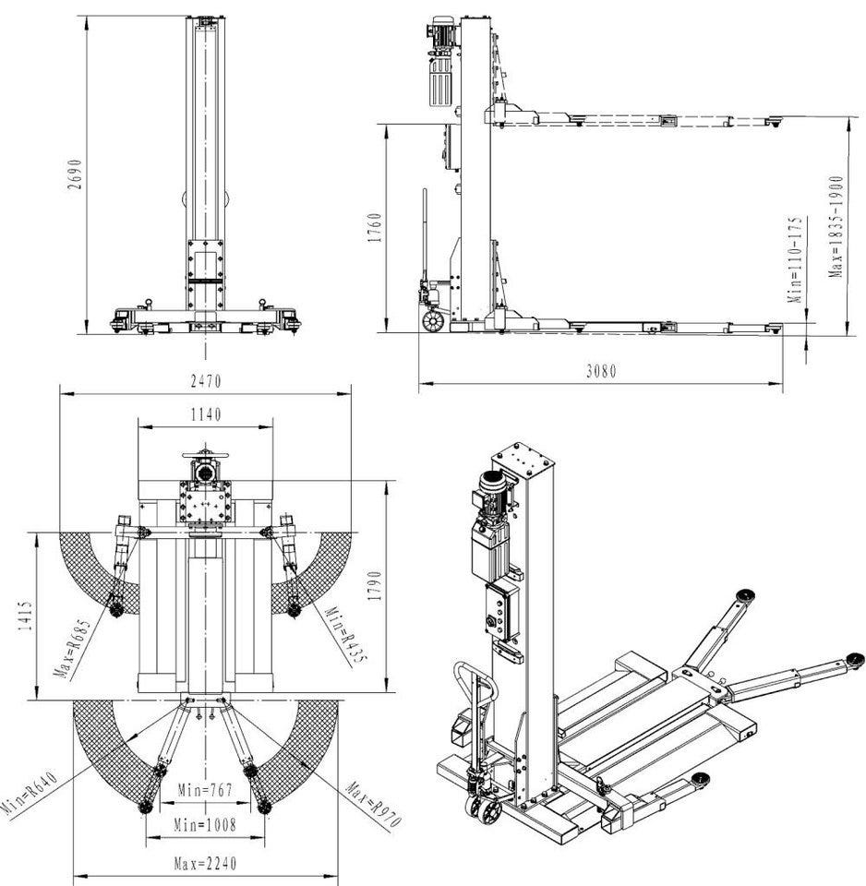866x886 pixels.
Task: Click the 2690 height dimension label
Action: (x=77, y=174)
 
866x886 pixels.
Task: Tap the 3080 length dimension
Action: (x=601, y=372)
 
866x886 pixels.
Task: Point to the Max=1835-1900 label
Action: (x=836, y=227)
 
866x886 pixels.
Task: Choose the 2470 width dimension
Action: (x=205, y=380)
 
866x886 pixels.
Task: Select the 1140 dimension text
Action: (x=205, y=415)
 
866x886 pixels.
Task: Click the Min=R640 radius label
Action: (x=30, y=794)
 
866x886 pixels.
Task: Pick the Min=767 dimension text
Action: (x=205, y=790)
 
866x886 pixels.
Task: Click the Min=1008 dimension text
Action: (x=205, y=824)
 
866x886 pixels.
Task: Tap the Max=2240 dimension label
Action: (x=205, y=864)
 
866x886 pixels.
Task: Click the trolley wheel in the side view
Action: (x=431, y=319)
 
